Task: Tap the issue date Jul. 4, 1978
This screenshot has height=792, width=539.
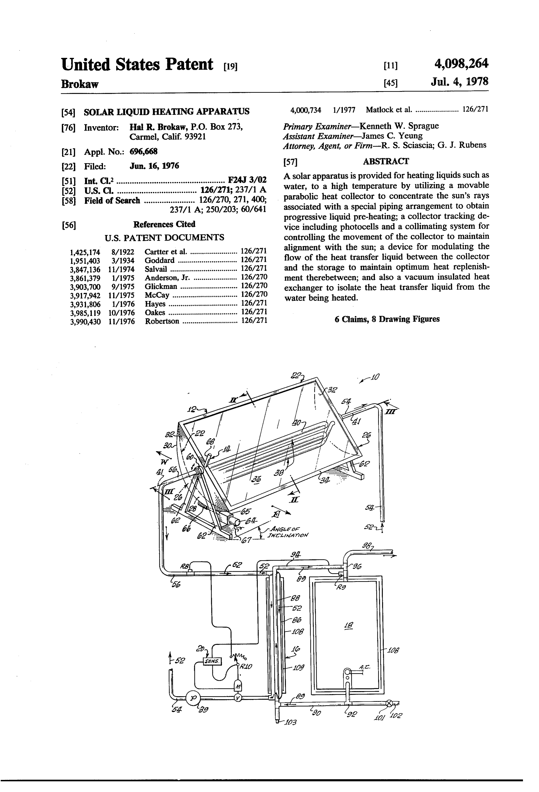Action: click(x=460, y=82)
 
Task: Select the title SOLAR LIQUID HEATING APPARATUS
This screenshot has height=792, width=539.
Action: click(x=167, y=112)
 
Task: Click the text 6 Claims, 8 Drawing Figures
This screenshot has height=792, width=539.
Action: click(x=387, y=319)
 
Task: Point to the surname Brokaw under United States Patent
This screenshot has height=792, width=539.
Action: click(x=80, y=84)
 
